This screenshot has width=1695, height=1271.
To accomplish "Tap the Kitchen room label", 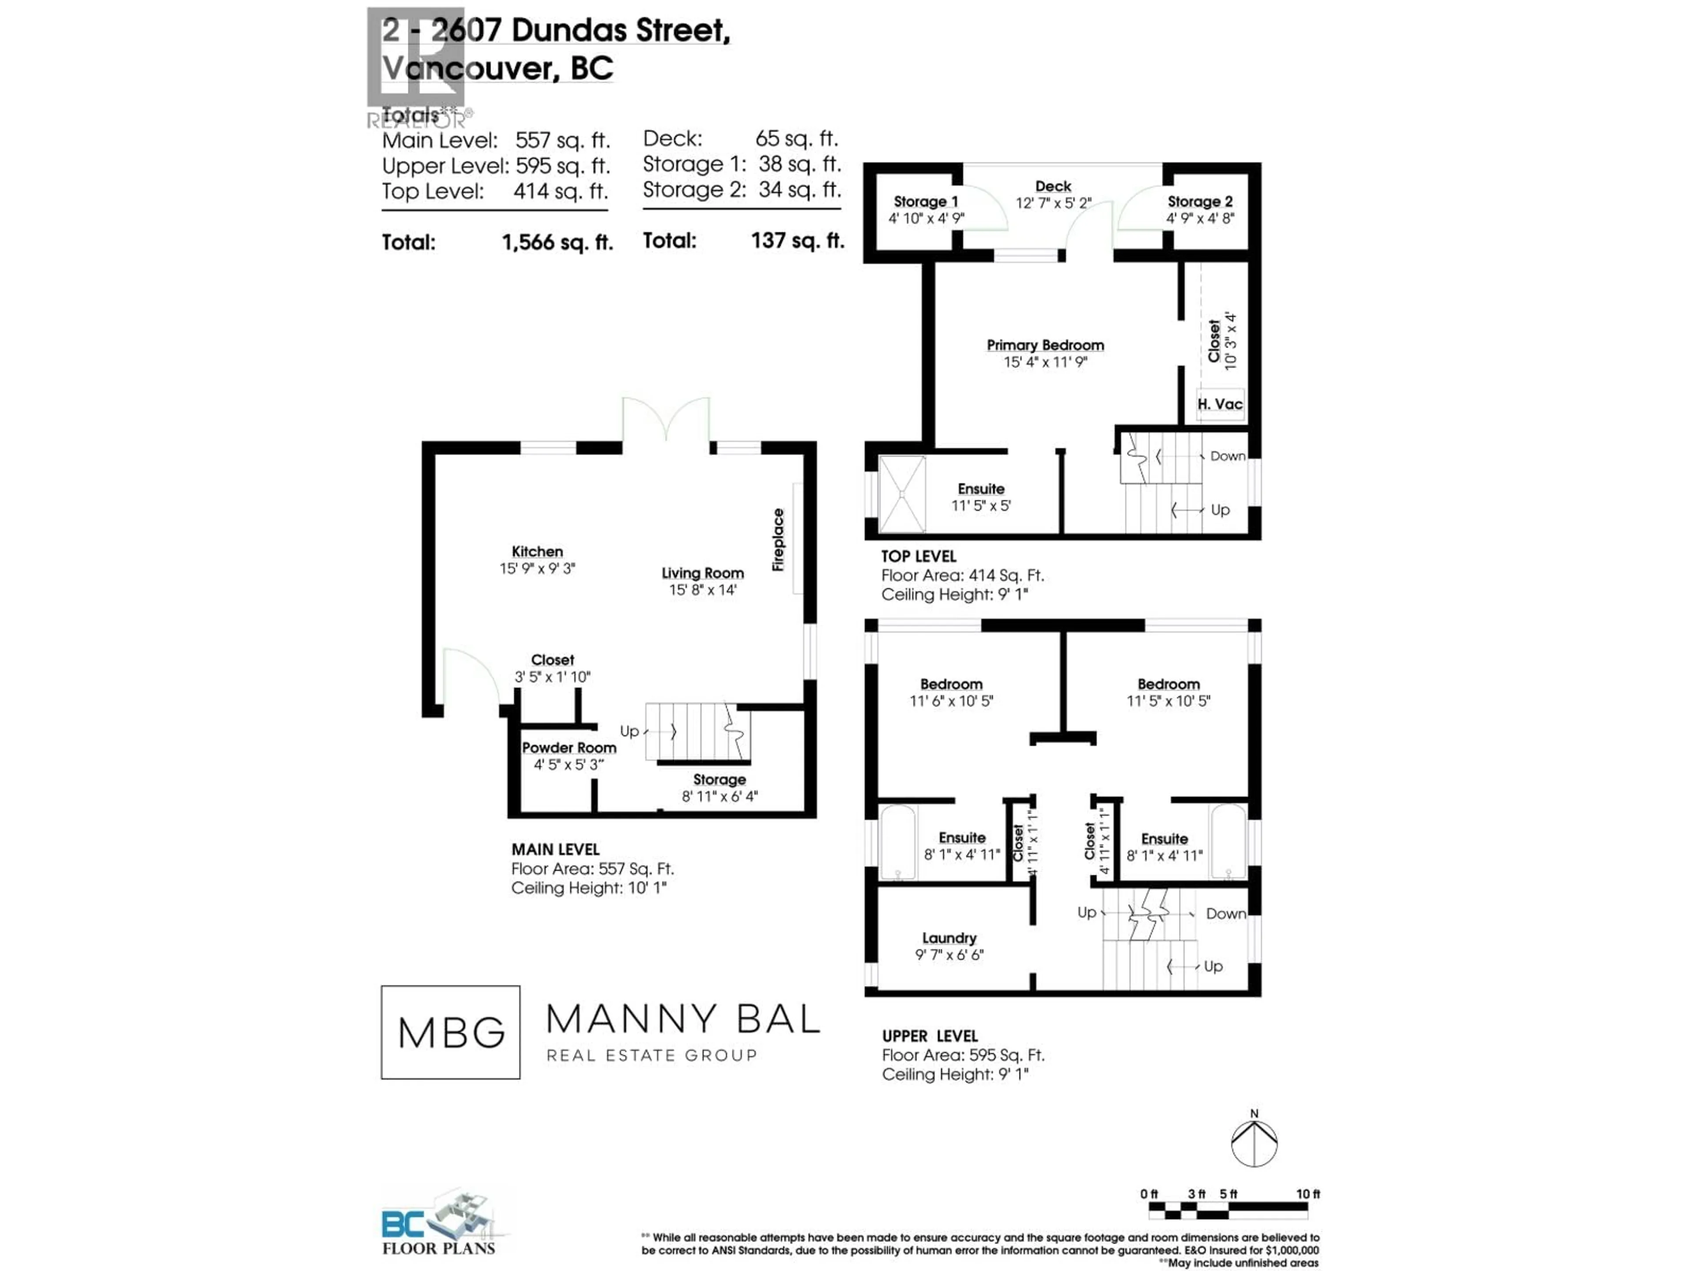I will [x=537, y=552].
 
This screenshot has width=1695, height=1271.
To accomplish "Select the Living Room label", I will [x=703, y=573].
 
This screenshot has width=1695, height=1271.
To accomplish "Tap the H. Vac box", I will [x=1220, y=404].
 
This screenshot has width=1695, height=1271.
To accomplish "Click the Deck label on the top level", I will [x=1053, y=186].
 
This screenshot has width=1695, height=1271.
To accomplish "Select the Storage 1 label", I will [x=926, y=202].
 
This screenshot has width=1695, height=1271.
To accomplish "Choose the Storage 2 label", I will [x=1200, y=202].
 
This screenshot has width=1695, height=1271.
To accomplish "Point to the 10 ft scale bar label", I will [x=1308, y=1194].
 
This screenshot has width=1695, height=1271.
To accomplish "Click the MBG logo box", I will [x=451, y=1032].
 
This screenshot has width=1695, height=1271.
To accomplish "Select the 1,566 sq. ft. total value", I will [x=557, y=243].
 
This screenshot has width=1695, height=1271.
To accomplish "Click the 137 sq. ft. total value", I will [x=797, y=241].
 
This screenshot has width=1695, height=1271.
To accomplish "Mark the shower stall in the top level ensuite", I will [x=902, y=494].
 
